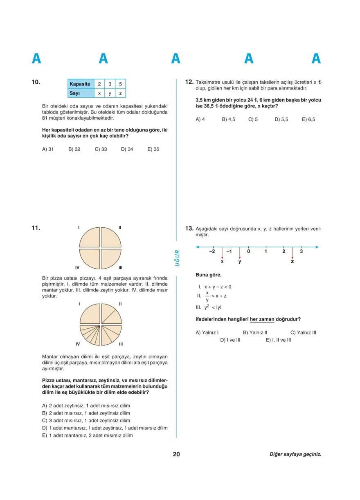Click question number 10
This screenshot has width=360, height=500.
(x=36, y=82)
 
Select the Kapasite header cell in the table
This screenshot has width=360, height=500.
(x=80, y=84)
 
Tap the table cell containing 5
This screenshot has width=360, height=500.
(x=120, y=84)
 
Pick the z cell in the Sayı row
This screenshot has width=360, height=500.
(x=120, y=94)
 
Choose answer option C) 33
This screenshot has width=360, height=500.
(x=101, y=149)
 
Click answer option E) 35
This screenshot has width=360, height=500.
(x=153, y=149)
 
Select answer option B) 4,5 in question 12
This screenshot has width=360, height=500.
(x=229, y=119)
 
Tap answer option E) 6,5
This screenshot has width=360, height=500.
(x=308, y=119)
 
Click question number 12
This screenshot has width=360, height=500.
(x=189, y=82)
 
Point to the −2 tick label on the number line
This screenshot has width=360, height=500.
(x=211, y=251)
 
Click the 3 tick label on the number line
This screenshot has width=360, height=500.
(x=301, y=251)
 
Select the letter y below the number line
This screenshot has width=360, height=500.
(x=240, y=261)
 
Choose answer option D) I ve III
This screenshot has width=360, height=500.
(x=230, y=340)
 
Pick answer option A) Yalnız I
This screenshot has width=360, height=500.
(x=207, y=332)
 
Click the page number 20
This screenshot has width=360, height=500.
(x=176, y=454)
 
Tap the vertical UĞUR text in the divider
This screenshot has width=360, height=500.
(x=177, y=258)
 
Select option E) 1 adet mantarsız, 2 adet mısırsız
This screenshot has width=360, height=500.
(x=88, y=435)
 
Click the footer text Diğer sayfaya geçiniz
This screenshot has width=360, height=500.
(x=295, y=454)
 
